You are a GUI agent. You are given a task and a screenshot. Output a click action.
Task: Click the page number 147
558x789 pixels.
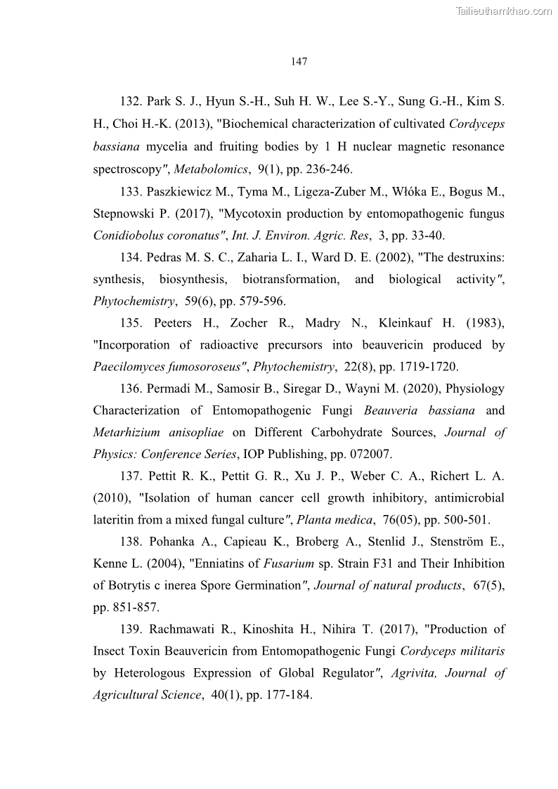299,62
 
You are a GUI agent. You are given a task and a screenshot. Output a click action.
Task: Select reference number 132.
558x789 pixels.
131,102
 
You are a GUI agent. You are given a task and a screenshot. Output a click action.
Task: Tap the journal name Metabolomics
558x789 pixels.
203,169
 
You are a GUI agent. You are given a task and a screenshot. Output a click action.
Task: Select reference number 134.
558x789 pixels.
131,257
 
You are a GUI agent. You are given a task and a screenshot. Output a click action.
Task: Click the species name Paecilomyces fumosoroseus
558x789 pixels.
170,367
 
